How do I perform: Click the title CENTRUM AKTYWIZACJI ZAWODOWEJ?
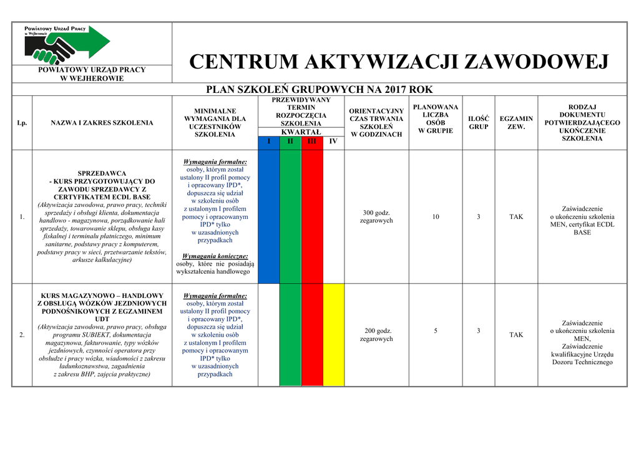click(399, 62)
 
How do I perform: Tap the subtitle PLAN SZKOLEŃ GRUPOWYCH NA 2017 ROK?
click(319, 90)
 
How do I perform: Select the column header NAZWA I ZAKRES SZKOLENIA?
click(102, 123)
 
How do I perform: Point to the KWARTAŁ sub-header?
click(301, 132)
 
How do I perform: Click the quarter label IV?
click(333, 142)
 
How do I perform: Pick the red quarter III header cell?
click(312, 142)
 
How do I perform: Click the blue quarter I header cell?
click(269, 142)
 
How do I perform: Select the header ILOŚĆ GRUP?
click(479, 123)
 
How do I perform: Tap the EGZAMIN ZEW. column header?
click(516, 123)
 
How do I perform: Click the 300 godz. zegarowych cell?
click(376, 216)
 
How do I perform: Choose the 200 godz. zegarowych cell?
click(376, 335)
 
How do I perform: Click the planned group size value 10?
click(436, 216)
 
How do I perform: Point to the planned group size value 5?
click(436, 330)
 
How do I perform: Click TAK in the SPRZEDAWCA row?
click(516, 216)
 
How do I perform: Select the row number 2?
click(22, 335)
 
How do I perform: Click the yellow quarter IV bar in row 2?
click(333, 335)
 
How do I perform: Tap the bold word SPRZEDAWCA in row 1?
click(102, 173)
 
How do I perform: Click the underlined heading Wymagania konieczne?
click(215, 256)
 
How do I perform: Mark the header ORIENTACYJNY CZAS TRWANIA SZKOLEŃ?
click(376, 123)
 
